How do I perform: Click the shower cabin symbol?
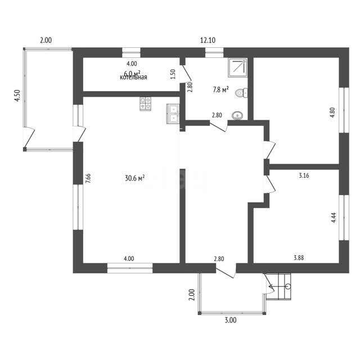click(x=237, y=67)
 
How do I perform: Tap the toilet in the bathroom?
click(x=241, y=93)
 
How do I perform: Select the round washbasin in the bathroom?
click(x=237, y=115)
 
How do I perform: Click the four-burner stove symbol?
click(x=145, y=103)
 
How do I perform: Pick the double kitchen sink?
click(x=173, y=114)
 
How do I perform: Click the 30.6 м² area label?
click(x=135, y=178)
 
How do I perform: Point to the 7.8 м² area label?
click(x=220, y=89)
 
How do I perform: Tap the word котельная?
click(x=133, y=78)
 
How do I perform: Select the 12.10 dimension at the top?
click(x=208, y=40)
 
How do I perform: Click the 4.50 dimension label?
click(x=17, y=96)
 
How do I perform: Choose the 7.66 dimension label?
click(x=88, y=178)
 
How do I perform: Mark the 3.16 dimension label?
click(x=304, y=175)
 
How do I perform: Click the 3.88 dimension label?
click(x=299, y=258)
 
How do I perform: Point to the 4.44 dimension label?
click(x=334, y=218)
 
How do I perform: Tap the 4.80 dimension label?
click(x=332, y=112)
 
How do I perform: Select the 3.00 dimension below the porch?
click(x=231, y=320)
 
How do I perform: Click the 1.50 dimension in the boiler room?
click(x=173, y=74)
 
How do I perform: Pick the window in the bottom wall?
click(x=130, y=268)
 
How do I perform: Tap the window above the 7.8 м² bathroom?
click(x=214, y=52)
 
